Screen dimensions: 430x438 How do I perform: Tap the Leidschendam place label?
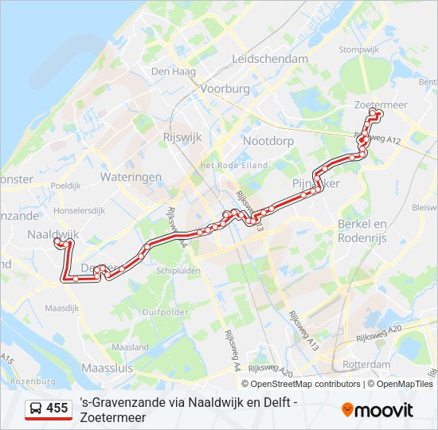pyautogui.click(x=270, y=59)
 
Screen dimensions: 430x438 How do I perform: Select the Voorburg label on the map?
pyautogui.click(x=225, y=89)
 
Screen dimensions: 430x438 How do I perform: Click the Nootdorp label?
pyautogui.click(x=268, y=141)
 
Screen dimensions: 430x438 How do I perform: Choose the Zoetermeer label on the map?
pyautogui.click(x=381, y=104)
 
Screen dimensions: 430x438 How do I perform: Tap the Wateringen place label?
pyautogui.click(x=131, y=177)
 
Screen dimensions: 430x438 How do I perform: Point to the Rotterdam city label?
pyautogui.click(x=366, y=365)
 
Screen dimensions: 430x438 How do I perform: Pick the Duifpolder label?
pyautogui.click(x=166, y=312)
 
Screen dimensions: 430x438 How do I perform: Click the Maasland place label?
pyautogui.click(x=130, y=347)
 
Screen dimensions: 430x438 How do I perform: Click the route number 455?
pyautogui.click(x=57, y=408)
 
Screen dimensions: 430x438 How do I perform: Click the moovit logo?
pyautogui.click(x=377, y=410)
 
